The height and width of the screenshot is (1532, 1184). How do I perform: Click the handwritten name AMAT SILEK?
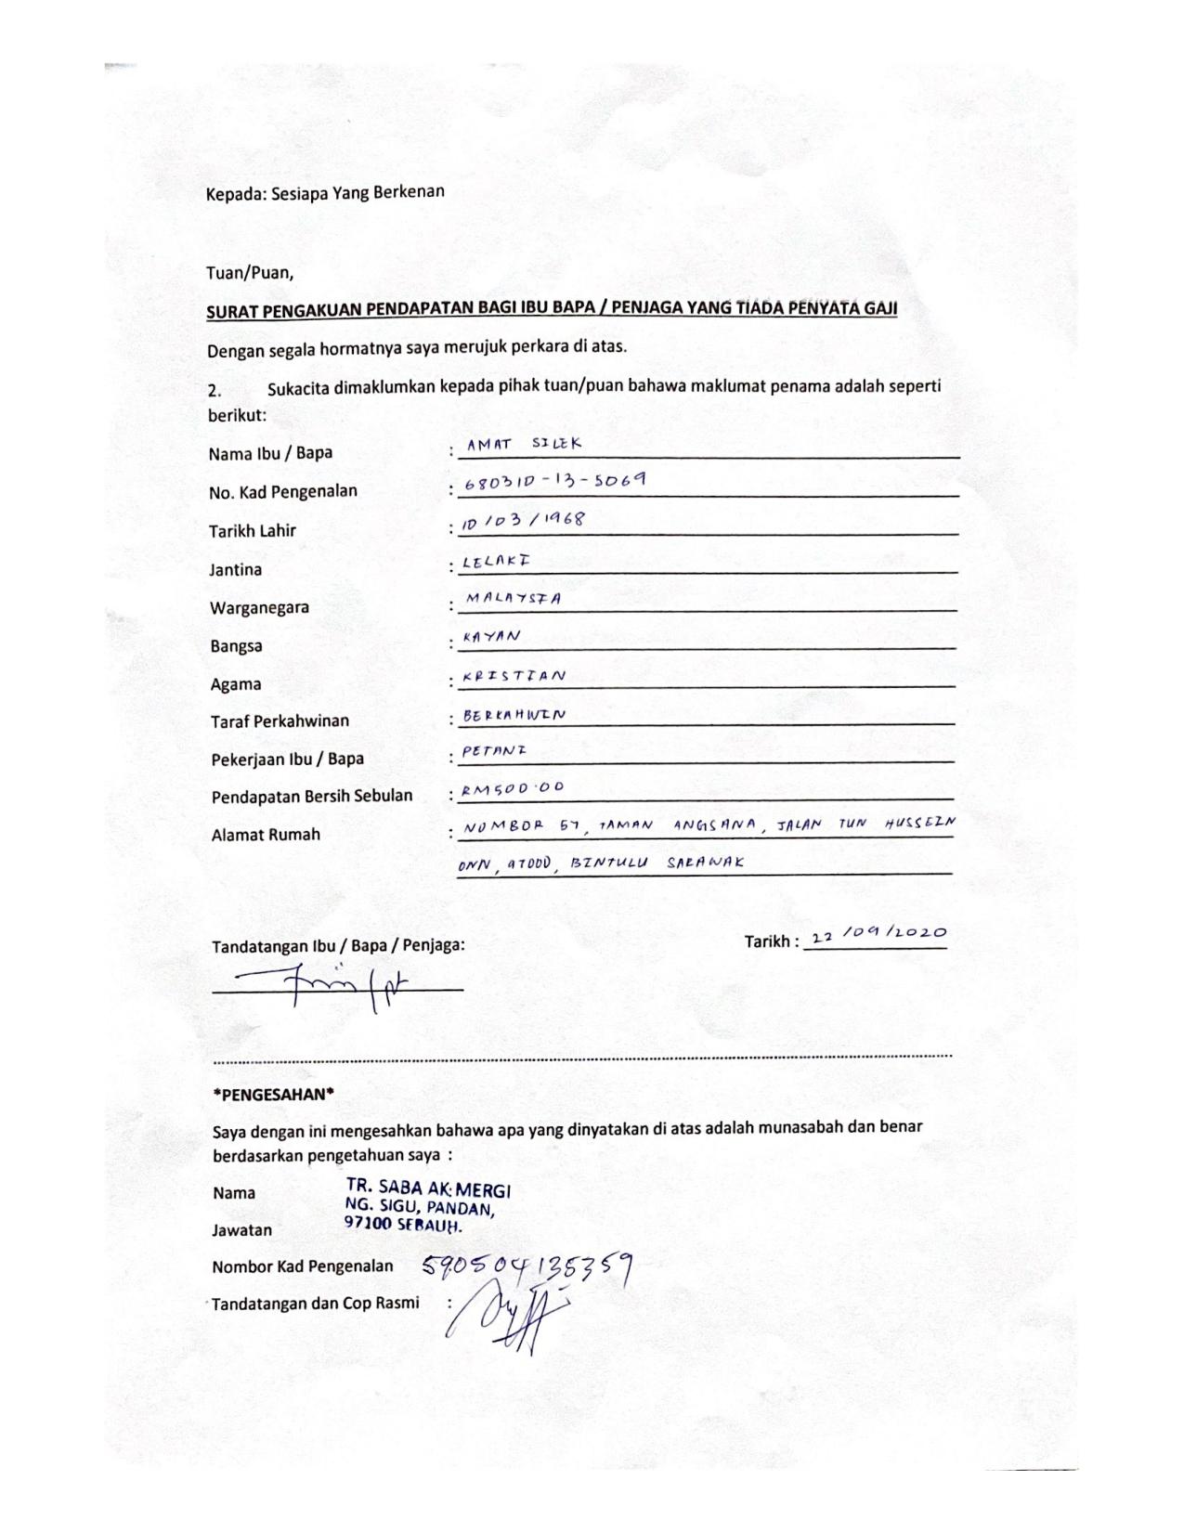tap(524, 444)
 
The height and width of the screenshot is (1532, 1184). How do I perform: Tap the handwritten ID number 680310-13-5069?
tap(554, 482)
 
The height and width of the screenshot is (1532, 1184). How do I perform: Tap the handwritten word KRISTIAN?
tap(514, 676)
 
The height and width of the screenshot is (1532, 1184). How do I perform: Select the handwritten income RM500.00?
tap(513, 789)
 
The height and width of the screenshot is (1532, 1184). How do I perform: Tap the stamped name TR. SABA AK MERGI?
tap(427, 1188)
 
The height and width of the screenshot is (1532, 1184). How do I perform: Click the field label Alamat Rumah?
tap(266, 834)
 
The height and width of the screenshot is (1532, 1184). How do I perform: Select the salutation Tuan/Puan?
tap(250, 273)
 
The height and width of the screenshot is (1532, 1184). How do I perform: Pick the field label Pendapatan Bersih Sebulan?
tap(312, 796)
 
